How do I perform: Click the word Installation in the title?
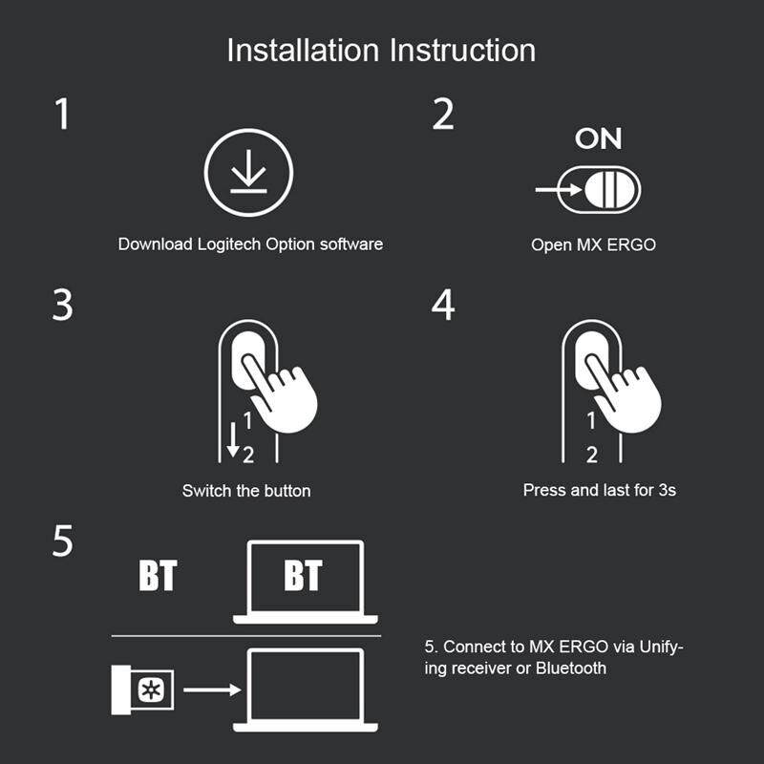303,51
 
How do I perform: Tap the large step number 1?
62,114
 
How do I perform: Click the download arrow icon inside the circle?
248,171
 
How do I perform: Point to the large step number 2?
443,114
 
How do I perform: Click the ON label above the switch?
599,138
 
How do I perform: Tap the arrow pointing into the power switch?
559,189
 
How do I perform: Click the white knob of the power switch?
610,189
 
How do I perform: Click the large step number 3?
62,305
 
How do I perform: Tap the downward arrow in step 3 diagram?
233,439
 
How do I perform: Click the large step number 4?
443,305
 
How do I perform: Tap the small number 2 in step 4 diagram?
591,456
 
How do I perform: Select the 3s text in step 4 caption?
667,490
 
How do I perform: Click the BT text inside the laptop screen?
303,576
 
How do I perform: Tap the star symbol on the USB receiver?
152,690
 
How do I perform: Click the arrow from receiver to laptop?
212,690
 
